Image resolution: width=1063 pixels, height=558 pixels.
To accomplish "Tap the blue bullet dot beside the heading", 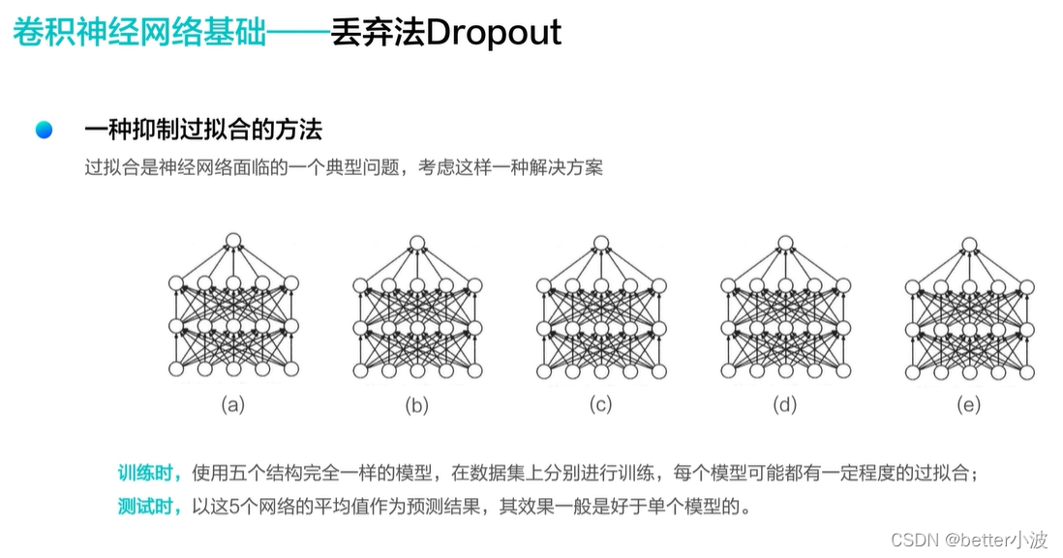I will (44, 130).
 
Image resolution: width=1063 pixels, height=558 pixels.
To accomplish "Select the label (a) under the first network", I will (232, 404).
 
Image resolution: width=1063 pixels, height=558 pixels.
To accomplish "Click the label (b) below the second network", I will (417, 404).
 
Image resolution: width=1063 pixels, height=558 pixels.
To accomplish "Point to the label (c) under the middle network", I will (601, 404).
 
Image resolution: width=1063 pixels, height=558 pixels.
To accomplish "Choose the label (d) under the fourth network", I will (785, 404).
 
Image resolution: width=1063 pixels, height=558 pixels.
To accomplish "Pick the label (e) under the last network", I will (969, 404).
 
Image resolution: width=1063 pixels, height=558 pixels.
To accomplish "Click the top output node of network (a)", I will (232, 241).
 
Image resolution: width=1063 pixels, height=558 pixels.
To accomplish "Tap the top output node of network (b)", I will (417, 241).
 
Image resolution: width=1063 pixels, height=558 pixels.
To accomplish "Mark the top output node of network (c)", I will (601, 241).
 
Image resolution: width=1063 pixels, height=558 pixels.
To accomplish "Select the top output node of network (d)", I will (785, 241).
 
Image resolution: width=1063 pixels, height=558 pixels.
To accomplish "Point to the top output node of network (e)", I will (969, 241).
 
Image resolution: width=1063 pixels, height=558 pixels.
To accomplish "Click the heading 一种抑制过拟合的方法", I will (202, 130).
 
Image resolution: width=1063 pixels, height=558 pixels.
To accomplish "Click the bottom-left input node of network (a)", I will (176, 369).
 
